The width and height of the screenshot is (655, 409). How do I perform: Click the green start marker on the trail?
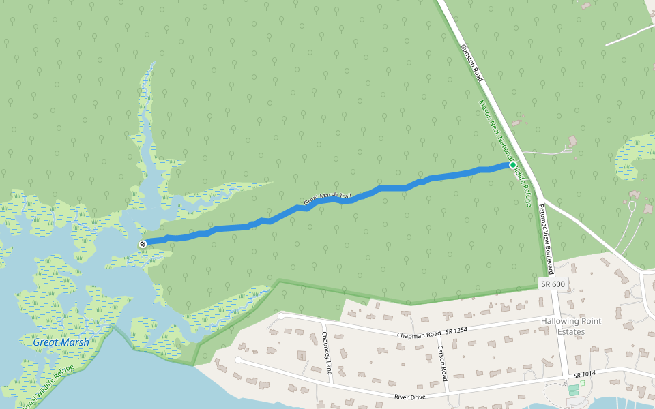point(513,165)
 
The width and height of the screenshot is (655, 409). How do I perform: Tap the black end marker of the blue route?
point(143,243)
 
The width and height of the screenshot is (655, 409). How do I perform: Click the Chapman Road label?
point(420,334)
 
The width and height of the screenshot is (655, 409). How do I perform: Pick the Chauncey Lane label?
point(326,353)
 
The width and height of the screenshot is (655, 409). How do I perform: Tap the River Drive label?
point(410,396)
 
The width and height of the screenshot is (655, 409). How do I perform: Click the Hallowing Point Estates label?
point(572,327)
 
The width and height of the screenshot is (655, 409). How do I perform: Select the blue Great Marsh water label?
point(61,342)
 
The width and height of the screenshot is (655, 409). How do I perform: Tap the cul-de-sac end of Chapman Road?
point(281,316)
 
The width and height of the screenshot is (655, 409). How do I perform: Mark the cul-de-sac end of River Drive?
point(238,359)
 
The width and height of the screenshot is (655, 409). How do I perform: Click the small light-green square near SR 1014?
point(582,383)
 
